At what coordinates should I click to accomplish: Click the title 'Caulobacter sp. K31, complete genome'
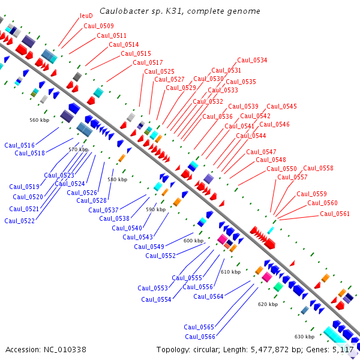179,11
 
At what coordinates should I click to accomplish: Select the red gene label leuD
86,16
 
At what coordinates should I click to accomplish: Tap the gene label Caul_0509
98,26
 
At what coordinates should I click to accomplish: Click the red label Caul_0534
252,60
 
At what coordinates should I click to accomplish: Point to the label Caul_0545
281,106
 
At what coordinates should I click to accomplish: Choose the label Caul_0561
334,214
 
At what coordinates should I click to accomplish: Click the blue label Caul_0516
19,145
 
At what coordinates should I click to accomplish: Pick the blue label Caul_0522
19,221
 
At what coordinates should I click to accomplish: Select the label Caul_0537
103,210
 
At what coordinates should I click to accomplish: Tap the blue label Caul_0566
199,337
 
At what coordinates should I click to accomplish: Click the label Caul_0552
160,256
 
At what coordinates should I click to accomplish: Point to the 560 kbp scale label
39,120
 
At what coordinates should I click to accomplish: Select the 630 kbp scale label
304,337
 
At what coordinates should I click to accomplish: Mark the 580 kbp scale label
117,179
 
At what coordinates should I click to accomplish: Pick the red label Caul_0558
318,168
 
